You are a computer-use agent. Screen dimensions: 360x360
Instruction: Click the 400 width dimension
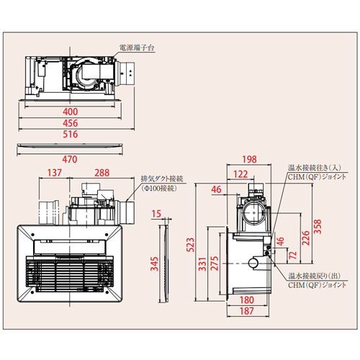tap(71, 112)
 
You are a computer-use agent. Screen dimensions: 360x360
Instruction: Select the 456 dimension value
tap(71, 123)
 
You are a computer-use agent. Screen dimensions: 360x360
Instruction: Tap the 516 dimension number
tap(71, 134)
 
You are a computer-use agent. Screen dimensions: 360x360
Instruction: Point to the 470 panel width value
tap(70, 159)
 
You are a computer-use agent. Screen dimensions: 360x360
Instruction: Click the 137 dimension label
tap(55, 173)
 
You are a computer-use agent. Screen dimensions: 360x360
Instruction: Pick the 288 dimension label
tap(102, 173)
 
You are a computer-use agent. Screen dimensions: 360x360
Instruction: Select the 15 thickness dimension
tap(156, 214)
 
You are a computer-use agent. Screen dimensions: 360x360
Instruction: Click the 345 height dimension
tap(154, 264)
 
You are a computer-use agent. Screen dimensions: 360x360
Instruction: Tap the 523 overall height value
tap(190, 245)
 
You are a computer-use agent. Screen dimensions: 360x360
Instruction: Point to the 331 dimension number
tap(202, 264)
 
